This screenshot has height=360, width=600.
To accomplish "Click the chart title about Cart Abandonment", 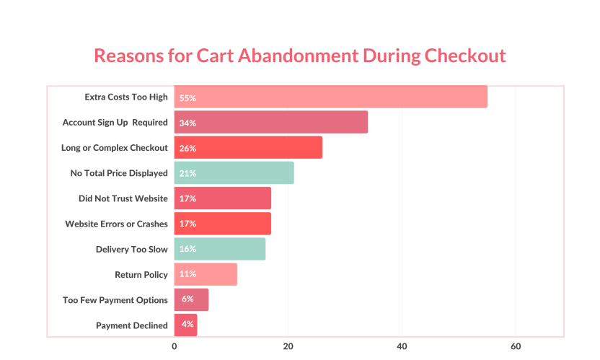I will coord(300,56).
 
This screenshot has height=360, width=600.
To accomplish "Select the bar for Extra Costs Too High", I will coord(330,97).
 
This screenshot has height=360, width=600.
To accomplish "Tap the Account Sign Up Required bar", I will coord(271,123).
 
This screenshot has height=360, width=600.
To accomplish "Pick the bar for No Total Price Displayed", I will coord(234,173).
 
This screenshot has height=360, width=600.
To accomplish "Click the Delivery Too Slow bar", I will coord(220,249).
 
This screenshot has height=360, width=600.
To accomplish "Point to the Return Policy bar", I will coord(206,274).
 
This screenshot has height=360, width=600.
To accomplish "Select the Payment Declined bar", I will coord(185,325).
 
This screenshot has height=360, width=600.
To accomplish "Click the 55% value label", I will coord(187,97).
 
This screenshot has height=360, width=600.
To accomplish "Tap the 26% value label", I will coord(187,148).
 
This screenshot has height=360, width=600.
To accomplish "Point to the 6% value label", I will coord(187,299).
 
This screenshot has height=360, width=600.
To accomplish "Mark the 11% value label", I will coord(187,274).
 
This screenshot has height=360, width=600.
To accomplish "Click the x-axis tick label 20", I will coord(288,346).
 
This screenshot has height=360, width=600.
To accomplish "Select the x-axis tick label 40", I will coord(402,346).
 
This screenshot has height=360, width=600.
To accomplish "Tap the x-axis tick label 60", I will coord(516,346).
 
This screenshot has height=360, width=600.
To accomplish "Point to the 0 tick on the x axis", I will coord(175,346).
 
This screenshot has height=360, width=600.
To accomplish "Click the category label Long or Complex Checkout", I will coord(115,148).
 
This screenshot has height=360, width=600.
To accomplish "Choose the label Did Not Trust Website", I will coord(123,198).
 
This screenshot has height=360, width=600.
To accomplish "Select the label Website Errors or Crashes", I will coord(117,224).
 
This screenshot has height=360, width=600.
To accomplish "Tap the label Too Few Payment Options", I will coord(115,300).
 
